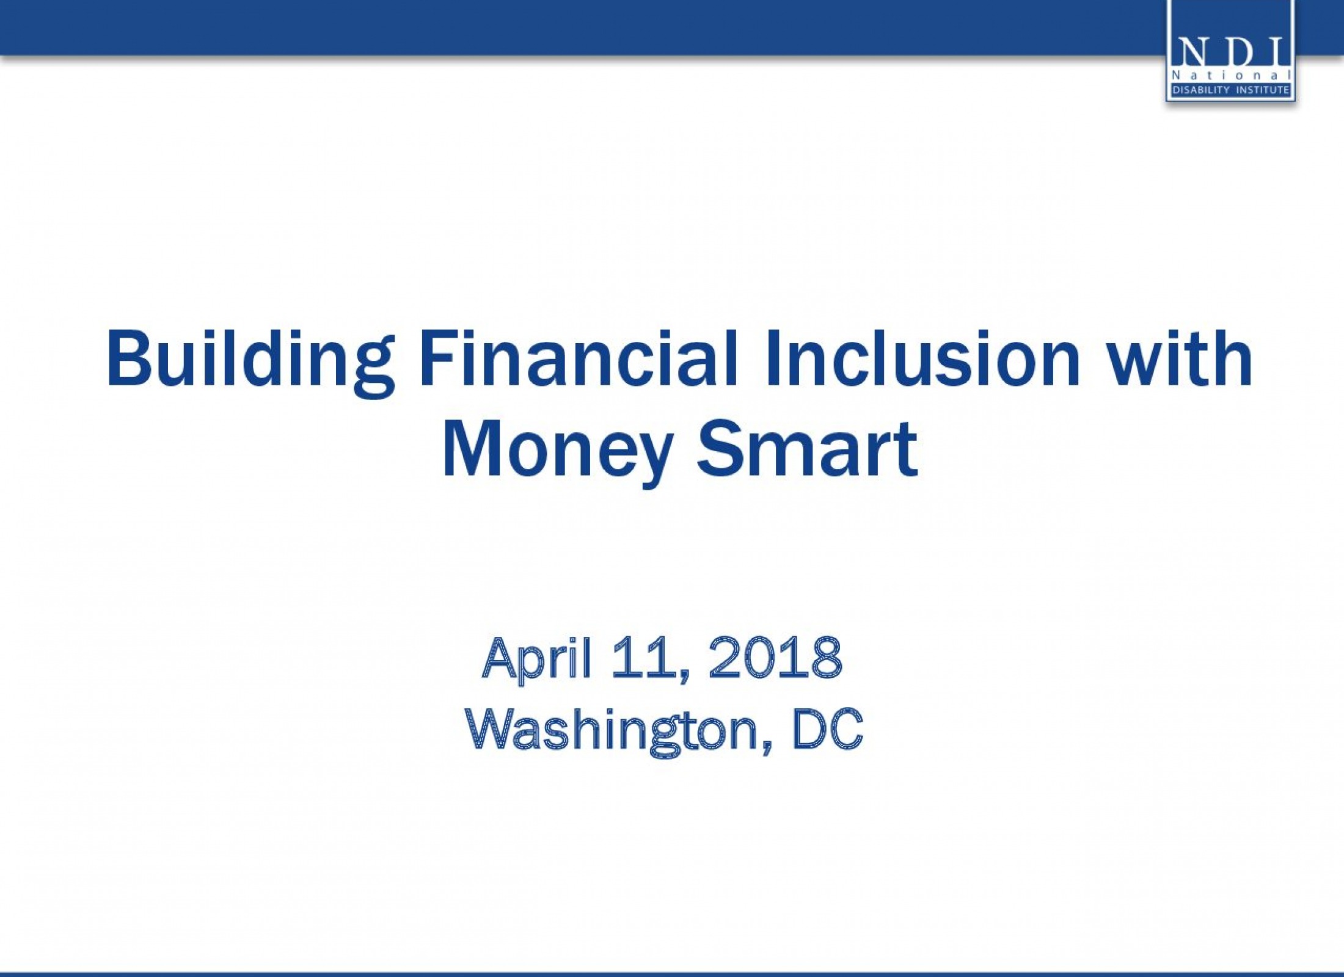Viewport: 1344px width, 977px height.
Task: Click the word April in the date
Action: pos(537,660)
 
